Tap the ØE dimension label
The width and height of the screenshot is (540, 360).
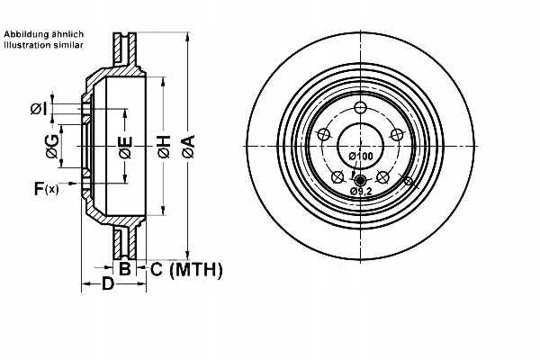(x=126, y=148)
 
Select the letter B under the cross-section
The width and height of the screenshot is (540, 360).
(x=125, y=268)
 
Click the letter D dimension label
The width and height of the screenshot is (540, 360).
(x=107, y=285)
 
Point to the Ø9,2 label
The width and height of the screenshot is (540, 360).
(x=362, y=192)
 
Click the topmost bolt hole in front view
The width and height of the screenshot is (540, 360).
(x=361, y=109)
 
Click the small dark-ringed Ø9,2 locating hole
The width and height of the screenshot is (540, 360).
(x=361, y=178)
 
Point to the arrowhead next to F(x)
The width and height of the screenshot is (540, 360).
(x=79, y=188)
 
